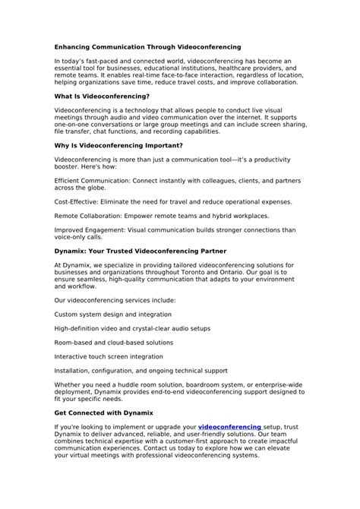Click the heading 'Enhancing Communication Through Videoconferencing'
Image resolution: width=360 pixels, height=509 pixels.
(147, 47)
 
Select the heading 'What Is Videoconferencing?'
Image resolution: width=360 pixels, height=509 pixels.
(102, 96)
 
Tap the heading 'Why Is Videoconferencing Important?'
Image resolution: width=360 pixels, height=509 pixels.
(118, 145)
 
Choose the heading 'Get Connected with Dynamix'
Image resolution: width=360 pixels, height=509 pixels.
(103, 413)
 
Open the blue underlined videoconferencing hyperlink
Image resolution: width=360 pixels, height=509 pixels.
(230, 427)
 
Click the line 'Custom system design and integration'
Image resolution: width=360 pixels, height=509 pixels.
(109, 315)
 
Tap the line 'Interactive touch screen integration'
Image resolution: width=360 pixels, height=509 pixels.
(108, 356)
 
